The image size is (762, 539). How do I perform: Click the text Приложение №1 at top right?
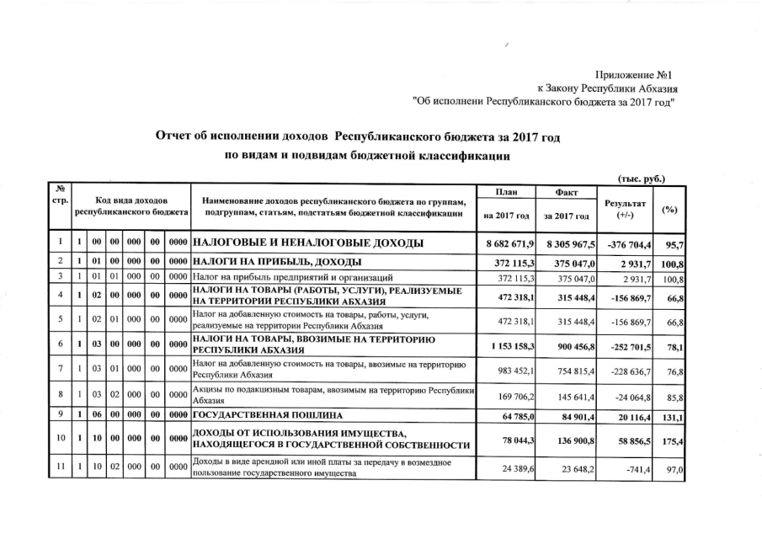637,75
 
